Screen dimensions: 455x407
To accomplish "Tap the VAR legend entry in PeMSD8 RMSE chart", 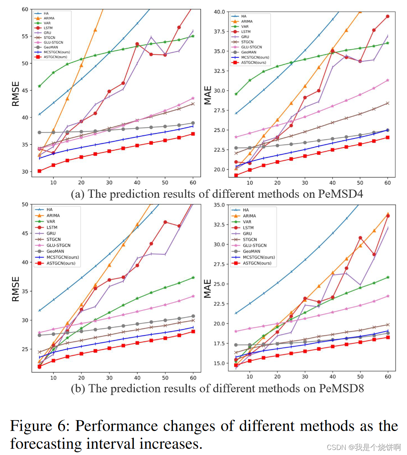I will (50, 221).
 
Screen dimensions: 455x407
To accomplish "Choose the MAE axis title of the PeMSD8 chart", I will (208, 289).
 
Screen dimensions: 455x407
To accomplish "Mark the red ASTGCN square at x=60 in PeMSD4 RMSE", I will (193, 134).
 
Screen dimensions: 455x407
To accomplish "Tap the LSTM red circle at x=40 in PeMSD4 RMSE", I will (137, 44).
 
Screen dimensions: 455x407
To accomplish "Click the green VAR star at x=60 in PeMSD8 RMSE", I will (193, 277).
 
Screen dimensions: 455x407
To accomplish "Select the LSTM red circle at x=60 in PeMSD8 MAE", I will (387, 216).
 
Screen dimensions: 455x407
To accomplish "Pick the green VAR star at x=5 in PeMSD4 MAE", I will (236, 94).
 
